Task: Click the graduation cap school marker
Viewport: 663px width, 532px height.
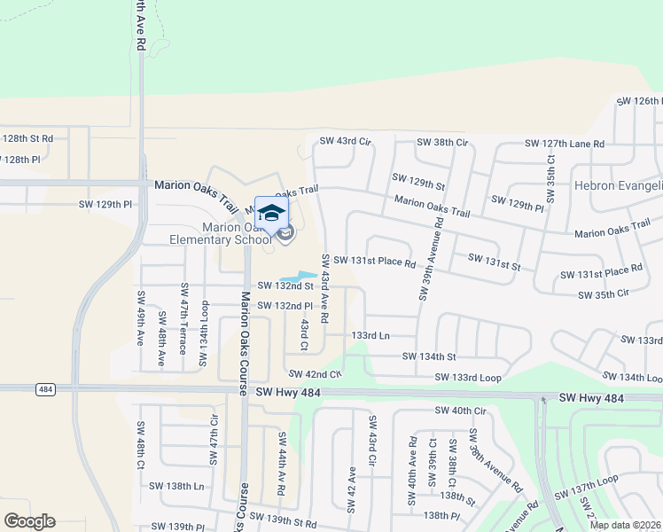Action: coord(272,213)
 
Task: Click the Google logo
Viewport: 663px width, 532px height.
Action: coord(28,521)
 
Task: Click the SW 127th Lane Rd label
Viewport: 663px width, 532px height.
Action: coord(564,144)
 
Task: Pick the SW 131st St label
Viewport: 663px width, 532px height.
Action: coord(494,265)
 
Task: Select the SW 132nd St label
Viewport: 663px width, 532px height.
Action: coord(285,286)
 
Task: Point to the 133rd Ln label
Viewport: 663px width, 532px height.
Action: coord(370,336)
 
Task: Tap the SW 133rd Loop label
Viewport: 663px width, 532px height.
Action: coord(468,378)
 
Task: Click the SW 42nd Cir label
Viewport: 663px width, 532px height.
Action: coord(313,374)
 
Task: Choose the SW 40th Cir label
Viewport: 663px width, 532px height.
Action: coord(461,411)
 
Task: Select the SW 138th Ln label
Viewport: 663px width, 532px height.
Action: coord(176,486)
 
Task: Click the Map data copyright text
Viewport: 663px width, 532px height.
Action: coord(625,525)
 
